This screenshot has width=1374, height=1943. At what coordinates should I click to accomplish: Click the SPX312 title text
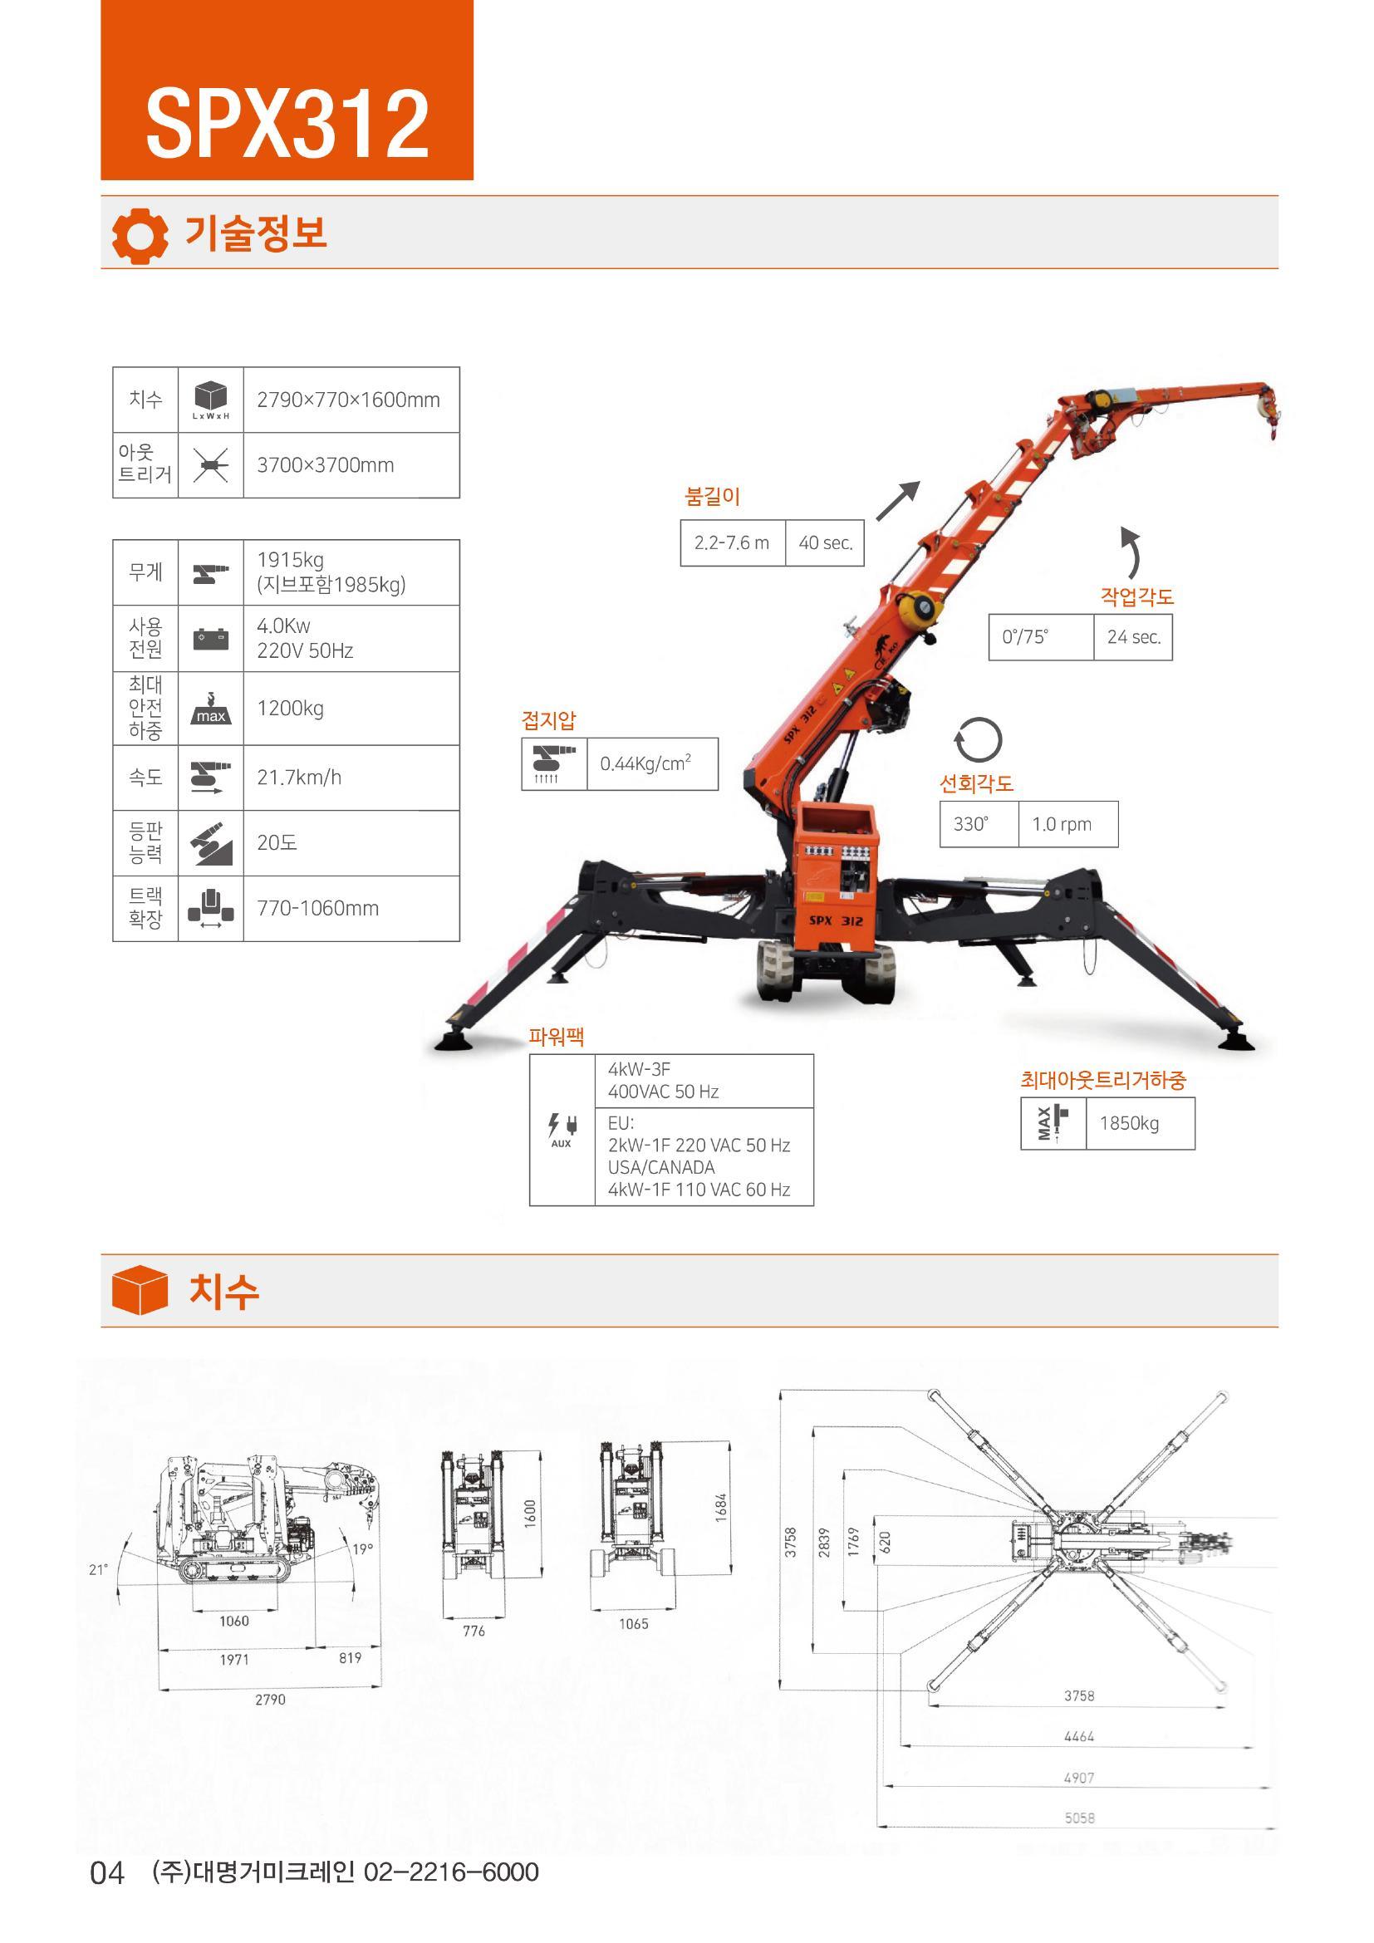pyautogui.click(x=287, y=125)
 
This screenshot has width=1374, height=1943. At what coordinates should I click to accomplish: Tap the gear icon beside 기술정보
pyautogui.click(x=140, y=235)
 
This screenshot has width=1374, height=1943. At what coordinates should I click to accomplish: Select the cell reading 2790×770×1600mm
pyautogui.click(x=351, y=400)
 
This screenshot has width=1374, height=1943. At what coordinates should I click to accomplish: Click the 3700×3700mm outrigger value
pyautogui.click(x=351, y=465)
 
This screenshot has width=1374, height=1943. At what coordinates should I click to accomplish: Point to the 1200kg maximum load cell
pyautogui.click(x=351, y=709)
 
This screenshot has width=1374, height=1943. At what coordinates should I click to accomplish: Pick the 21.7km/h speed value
pyautogui.click(x=351, y=778)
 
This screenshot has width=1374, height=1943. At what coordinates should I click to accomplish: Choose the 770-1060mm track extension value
pyautogui.click(x=351, y=908)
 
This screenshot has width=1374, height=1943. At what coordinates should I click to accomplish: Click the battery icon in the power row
pyautogui.click(x=211, y=638)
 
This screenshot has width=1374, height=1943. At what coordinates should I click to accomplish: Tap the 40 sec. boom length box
pyautogui.click(x=825, y=542)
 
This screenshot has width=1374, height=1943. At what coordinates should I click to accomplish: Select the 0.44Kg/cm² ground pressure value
pyautogui.click(x=652, y=763)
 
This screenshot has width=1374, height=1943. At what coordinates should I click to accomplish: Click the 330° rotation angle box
pyautogui.click(x=979, y=824)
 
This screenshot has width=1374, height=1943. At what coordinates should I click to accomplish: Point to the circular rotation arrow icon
pyautogui.click(x=978, y=740)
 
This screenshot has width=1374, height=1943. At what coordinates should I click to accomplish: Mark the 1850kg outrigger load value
pyautogui.click(x=1141, y=1123)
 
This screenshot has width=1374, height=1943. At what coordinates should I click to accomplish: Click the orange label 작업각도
pyautogui.click(x=1137, y=596)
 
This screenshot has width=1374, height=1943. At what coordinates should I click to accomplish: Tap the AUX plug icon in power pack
pyautogui.click(x=562, y=1130)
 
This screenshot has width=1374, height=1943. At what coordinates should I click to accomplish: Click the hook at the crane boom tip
pyautogui.click(x=1268, y=411)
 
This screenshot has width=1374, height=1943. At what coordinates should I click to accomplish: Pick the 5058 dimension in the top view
pyautogui.click(x=1080, y=1818)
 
